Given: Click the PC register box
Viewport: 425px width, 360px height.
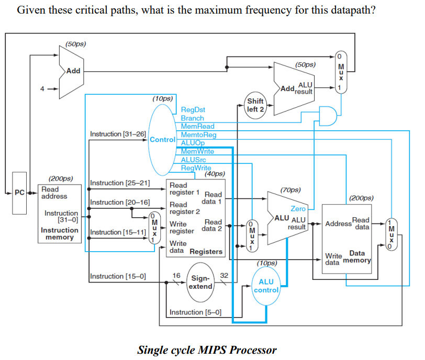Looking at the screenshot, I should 19,193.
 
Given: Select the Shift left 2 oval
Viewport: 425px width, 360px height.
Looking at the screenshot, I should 256,105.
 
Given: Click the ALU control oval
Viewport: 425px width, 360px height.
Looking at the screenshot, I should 266,286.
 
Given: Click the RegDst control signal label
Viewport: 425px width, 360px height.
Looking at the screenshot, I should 193,110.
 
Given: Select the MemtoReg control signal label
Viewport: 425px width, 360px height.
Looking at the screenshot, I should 198,135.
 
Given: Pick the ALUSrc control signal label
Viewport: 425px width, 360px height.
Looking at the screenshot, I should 194,160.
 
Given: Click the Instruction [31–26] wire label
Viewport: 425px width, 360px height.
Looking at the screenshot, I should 118,134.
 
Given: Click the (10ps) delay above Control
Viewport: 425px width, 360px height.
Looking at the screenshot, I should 162,98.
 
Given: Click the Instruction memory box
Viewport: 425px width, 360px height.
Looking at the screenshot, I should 59,213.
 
